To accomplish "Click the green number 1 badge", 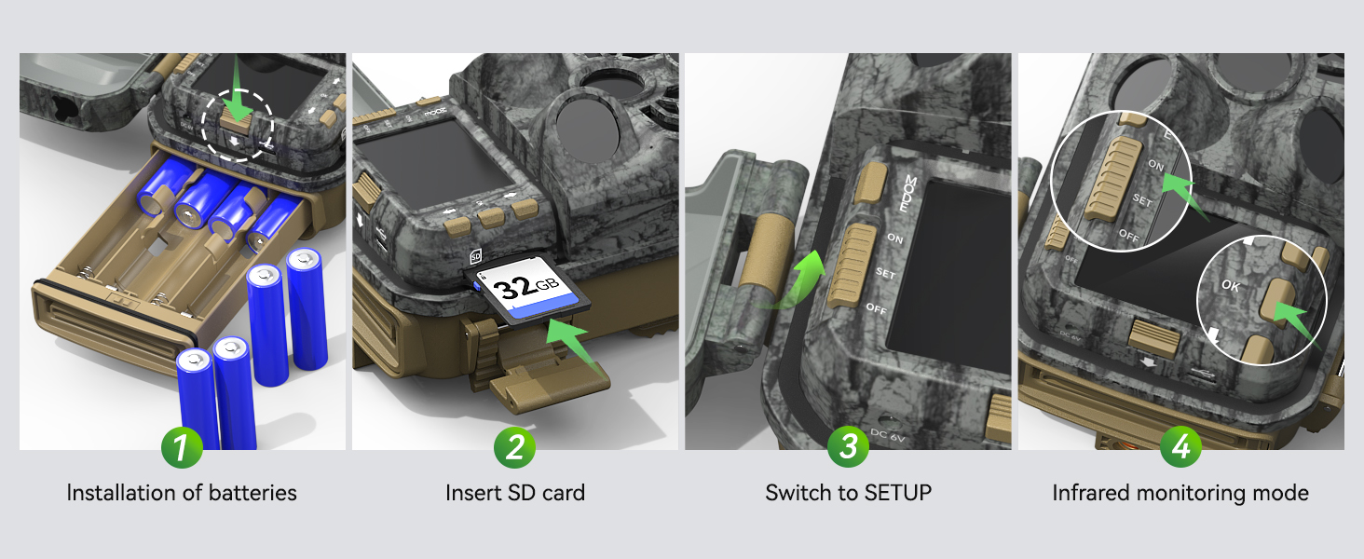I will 182,448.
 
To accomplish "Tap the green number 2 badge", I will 514,448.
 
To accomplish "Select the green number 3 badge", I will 848,448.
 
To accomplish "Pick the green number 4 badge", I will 1180,448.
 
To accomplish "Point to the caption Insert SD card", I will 514,493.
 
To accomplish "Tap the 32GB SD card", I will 530,292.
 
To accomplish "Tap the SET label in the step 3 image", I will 885,273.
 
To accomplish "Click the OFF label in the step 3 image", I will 877,308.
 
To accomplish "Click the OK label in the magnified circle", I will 1231,287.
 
